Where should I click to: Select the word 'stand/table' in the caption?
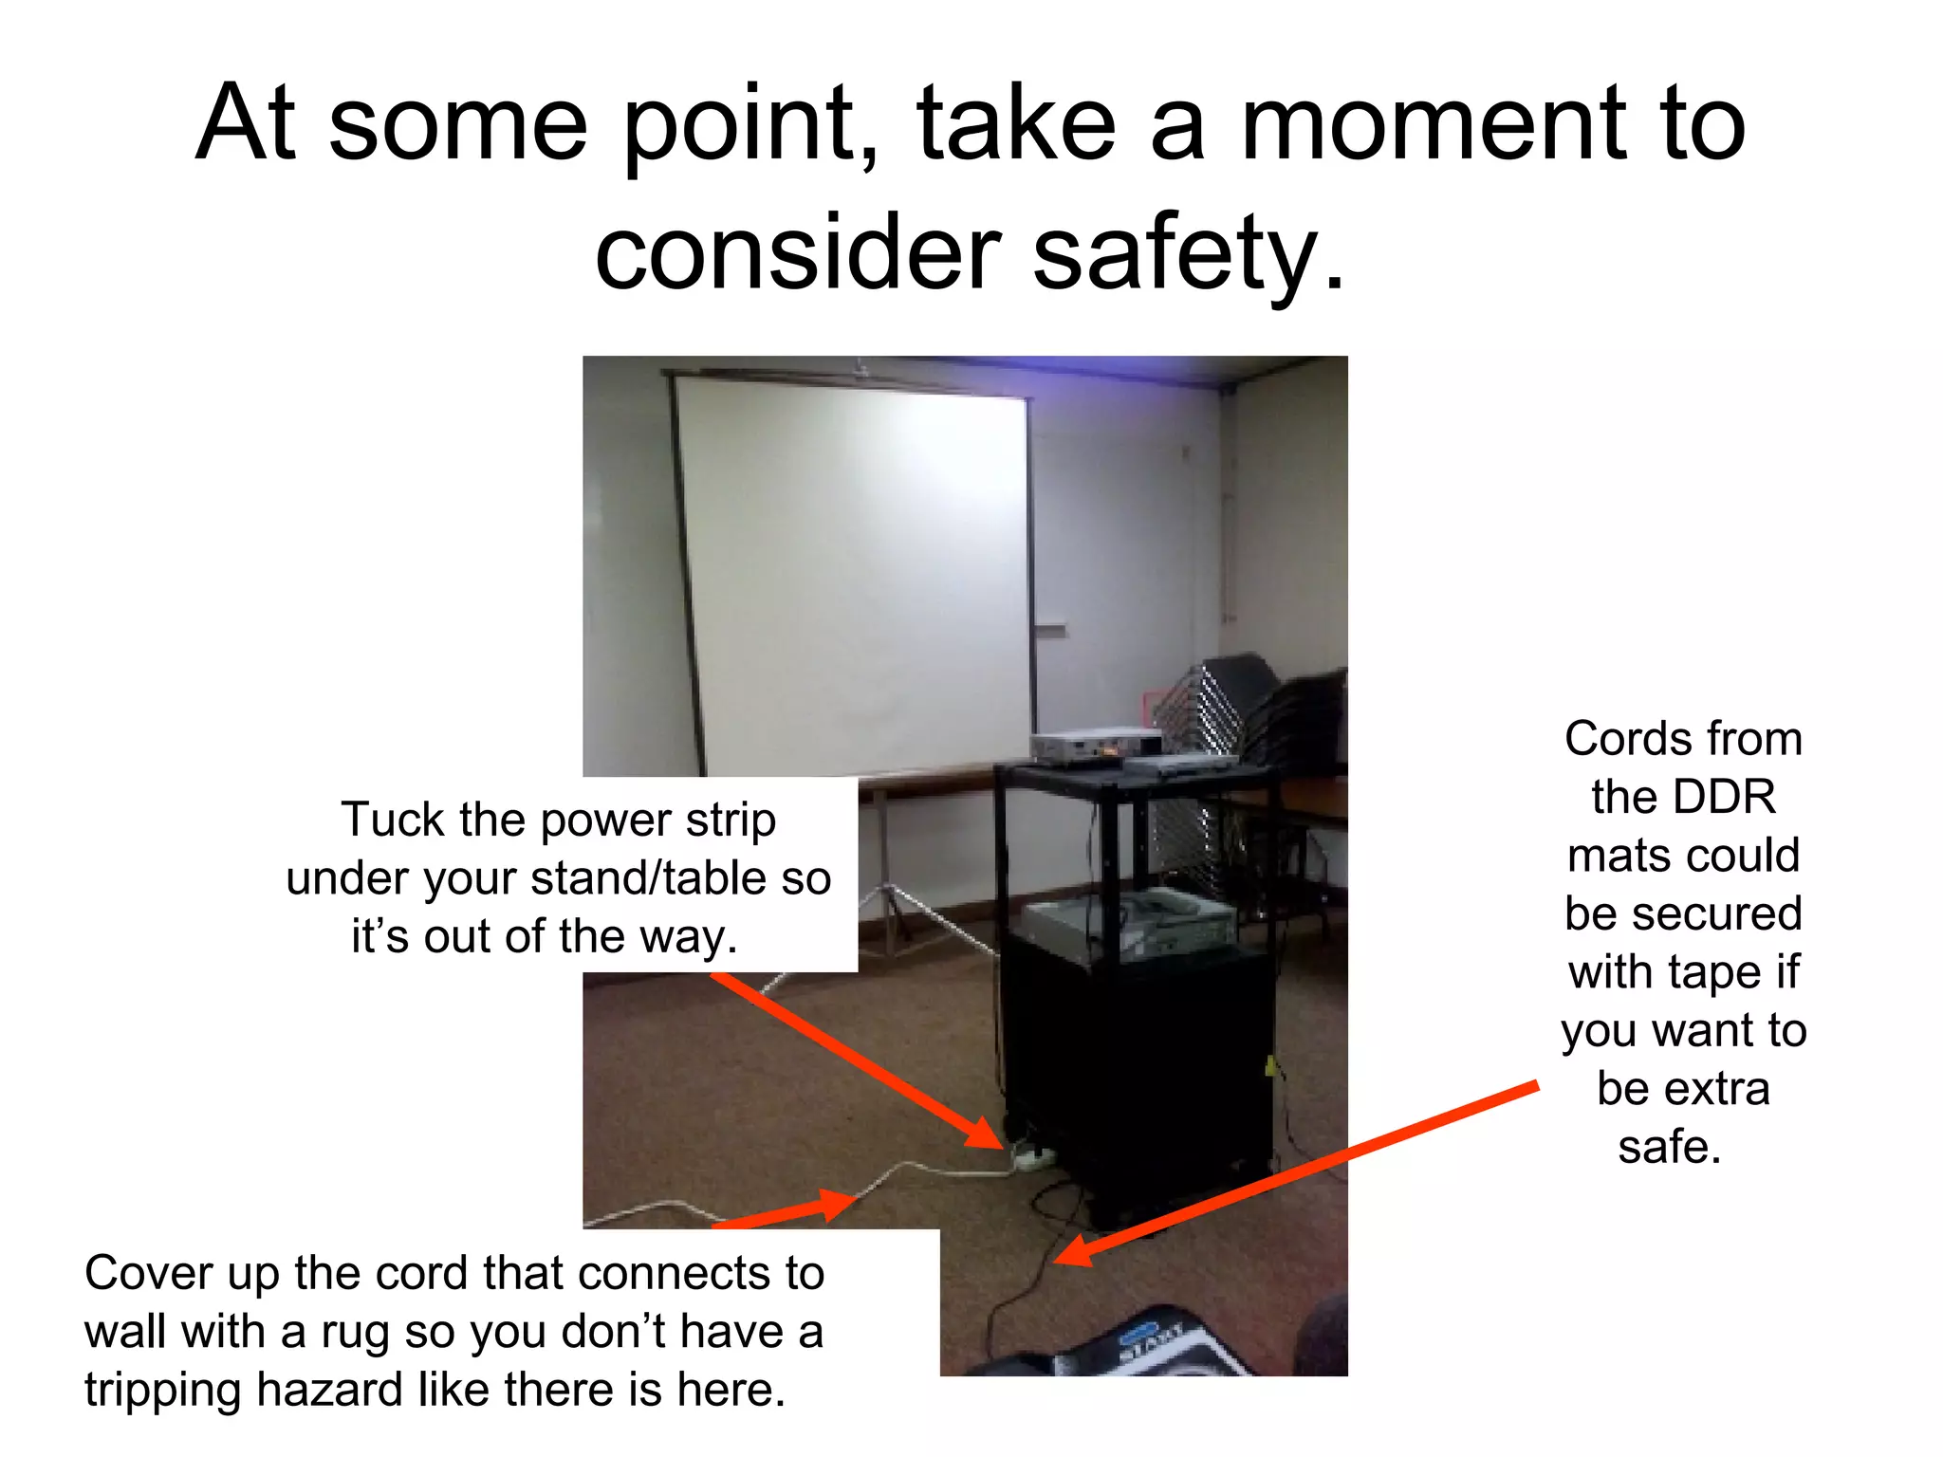click(649, 878)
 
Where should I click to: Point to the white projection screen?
click(854, 569)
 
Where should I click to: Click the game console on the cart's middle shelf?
click(1129, 920)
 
